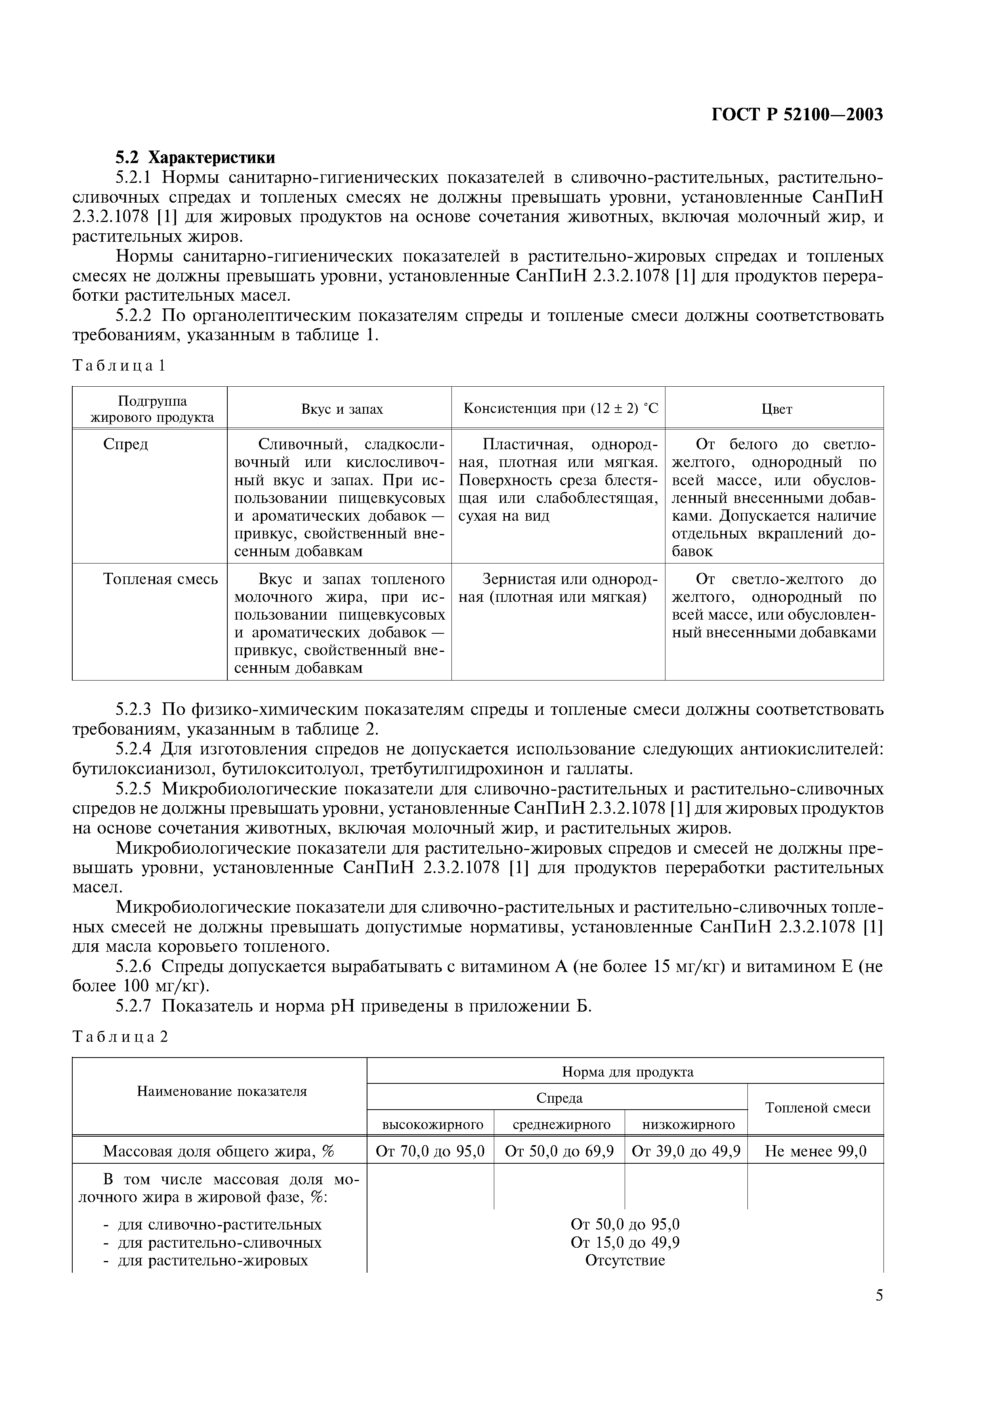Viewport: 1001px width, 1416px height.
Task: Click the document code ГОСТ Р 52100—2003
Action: coord(797,115)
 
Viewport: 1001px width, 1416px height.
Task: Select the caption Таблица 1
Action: coord(119,366)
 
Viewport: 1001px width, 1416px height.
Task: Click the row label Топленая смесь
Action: coord(160,579)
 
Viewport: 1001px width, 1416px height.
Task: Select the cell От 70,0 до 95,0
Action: coord(430,1151)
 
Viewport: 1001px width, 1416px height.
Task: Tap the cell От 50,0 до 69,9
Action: coord(559,1151)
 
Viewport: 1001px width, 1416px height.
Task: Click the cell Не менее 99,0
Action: coord(815,1151)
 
